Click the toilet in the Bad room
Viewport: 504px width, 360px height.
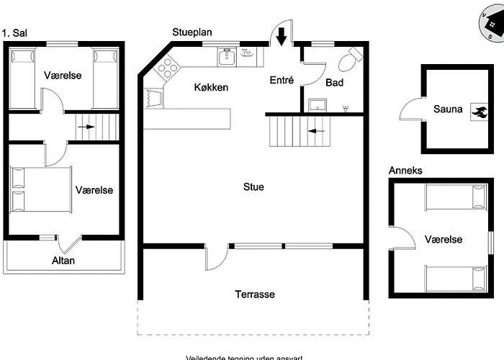(350, 60)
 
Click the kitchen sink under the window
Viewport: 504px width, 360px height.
(226, 56)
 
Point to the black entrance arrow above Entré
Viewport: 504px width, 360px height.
(282, 35)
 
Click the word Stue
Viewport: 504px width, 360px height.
(253, 186)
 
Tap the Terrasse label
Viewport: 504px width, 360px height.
(254, 294)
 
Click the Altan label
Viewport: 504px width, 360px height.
(63, 261)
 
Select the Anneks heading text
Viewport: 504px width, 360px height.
(405, 171)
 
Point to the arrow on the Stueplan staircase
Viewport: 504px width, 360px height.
(315, 131)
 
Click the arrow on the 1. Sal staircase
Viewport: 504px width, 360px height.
(86, 127)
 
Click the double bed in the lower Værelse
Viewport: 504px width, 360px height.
(41, 190)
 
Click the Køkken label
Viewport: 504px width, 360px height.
(211, 87)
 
